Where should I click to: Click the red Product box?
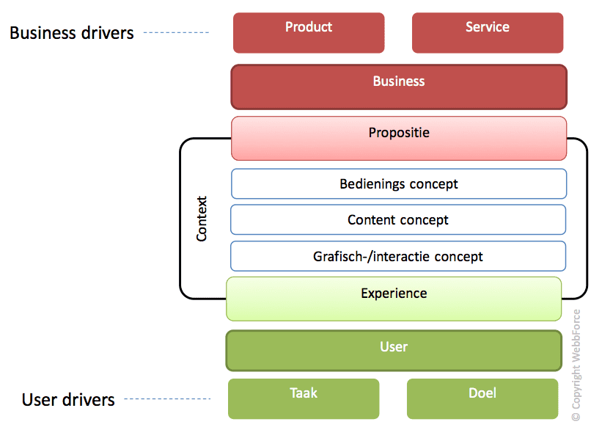pyautogui.click(x=309, y=33)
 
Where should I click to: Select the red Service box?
pyautogui.click(x=488, y=33)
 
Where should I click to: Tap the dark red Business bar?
pyautogui.click(x=399, y=87)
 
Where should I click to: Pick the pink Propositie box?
pyautogui.click(x=399, y=139)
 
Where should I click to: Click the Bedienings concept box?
pyautogui.click(x=399, y=184)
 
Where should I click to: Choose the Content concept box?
pyautogui.click(x=398, y=219)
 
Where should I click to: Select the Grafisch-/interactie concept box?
pyautogui.click(x=398, y=256)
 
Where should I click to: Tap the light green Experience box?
pyautogui.click(x=394, y=299)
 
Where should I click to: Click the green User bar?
pyautogui.click(x=394, y=351)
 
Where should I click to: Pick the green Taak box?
pyautogui.click(x=304, y=398)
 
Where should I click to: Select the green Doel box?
pyautogui.click(x=482, y=398)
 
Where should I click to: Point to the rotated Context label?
pyautogui.click(x=202, y=219)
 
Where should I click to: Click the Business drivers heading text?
pyautogui.click(x=72, y=33)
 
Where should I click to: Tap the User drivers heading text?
pyautogui.click(x=68, y=399)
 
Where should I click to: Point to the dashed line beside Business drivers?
pyautogui.click(x=176, y=32)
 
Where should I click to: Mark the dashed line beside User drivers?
pyautogui.click(x=167, y=398)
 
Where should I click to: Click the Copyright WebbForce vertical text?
pyautogui.click(x=576, y=365)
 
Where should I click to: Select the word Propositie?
pyautogui.click(x=399, y=133)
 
